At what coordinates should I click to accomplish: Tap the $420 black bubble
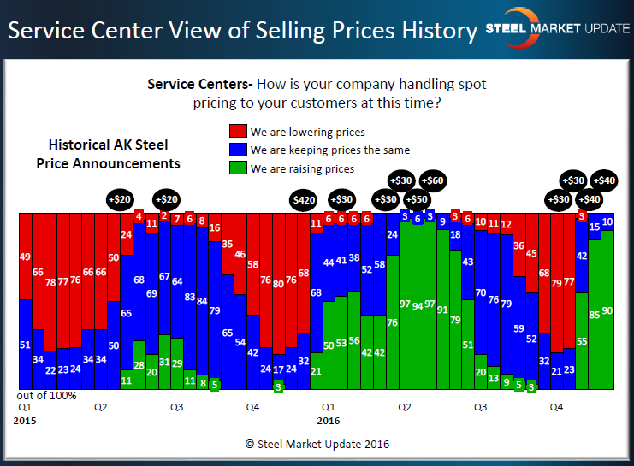(x=304, y=199)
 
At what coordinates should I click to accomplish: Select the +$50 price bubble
(x=417, y=198)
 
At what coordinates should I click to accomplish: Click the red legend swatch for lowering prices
(x=238, y=132)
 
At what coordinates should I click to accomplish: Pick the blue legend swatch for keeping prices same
(x=238, y=150)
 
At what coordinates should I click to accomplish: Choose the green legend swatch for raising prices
(x=238, y=168)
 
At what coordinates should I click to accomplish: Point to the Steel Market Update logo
(x=557, y=27)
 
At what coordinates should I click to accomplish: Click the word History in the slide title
(x=433, y=31)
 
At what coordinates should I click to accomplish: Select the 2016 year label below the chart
(x=329, y=421)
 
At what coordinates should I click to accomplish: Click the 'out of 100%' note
(x=48, y=395)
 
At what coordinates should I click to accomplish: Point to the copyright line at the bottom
(x=316, y=444)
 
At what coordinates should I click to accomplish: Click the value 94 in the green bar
(x=418, y=305)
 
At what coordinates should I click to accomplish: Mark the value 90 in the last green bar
(x=607, y=310)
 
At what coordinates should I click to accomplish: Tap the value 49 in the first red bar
(x=25, y=257)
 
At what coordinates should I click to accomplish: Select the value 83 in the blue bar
(x=190, y=298)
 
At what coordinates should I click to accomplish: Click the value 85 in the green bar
(x=594, y=314)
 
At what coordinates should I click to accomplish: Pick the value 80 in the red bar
(x=278, y=284)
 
